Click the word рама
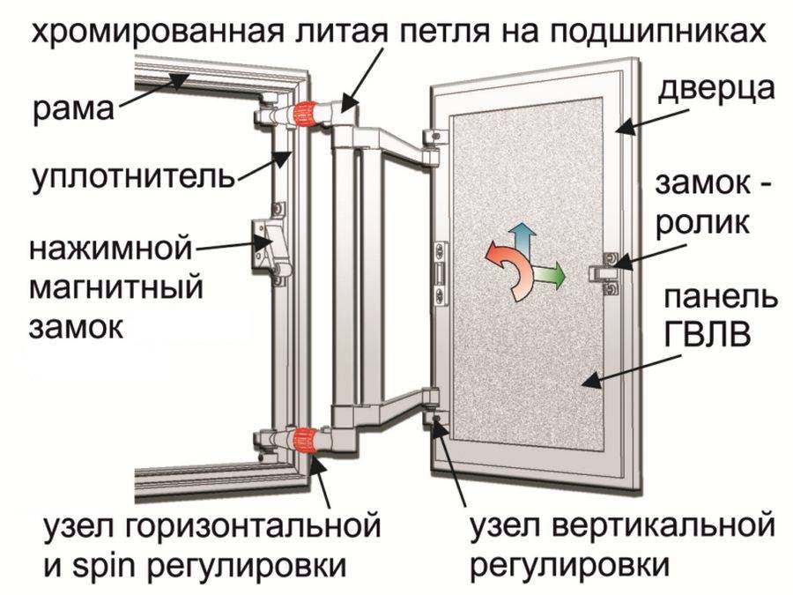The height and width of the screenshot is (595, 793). click(73, 110)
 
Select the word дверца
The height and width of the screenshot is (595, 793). click(715, 91)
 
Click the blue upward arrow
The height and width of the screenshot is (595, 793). click(525, 237)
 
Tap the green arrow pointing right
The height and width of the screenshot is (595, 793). click(552, 275)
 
